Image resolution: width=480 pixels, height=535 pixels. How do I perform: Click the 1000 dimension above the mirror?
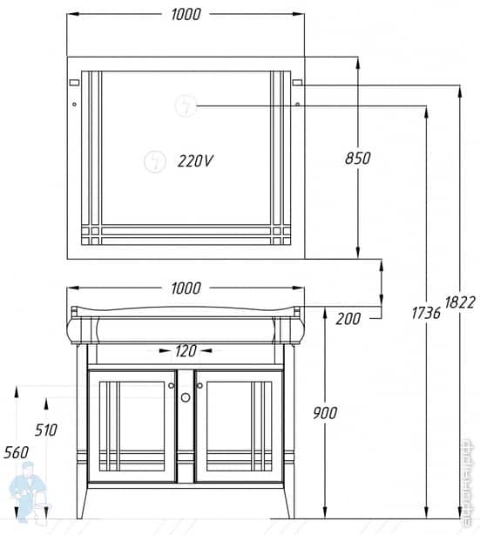[x=186, y=13]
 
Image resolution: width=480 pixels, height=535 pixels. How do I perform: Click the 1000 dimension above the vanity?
[x=186, y=288]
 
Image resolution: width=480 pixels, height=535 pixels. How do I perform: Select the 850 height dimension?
[x=357, y=158]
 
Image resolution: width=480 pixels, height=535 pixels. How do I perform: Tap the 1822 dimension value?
[x=460, y=301]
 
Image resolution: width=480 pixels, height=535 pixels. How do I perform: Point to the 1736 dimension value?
[x=424, y=311]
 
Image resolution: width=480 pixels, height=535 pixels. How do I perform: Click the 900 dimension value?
[x=322, y=412]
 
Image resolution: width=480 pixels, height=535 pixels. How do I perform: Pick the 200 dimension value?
[x=348, y=318]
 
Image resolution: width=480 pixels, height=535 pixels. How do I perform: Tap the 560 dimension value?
[x=15, y=451]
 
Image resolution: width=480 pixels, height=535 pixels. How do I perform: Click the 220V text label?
[x=195, y=160]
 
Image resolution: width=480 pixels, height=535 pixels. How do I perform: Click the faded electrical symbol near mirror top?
[x=186, y=105]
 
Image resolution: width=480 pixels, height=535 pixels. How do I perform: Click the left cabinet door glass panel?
[x=132, y=425]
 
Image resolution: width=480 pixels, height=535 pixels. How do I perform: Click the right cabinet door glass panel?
[x=239, y=425]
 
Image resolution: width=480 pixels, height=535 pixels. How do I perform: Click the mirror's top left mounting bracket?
[x=73, y=83]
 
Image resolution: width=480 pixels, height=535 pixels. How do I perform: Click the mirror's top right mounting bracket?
[x=297, y=83]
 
